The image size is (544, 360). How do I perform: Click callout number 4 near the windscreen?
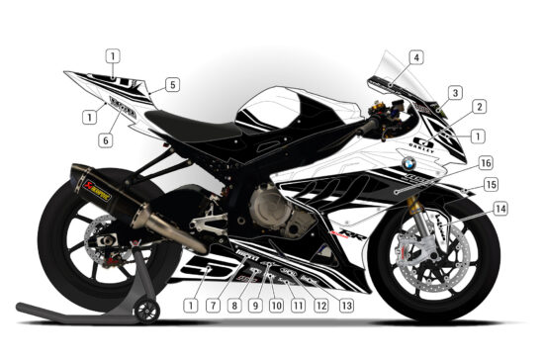pyautogui.click(x=416, y=57)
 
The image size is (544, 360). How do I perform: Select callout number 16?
pyautogui.click(x=486, y=161)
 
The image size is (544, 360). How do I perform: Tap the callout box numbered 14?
pyautogui.click(x=500, y=209)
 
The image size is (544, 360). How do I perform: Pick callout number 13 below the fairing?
pyautogui.click(x=346, y=307)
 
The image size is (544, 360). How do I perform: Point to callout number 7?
pyautogui.click(x=212, y=307)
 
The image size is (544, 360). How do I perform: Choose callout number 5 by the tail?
pyautogui.click(x=172, y=85)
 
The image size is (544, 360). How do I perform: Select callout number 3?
pyautogui.click(x=455, y=93)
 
